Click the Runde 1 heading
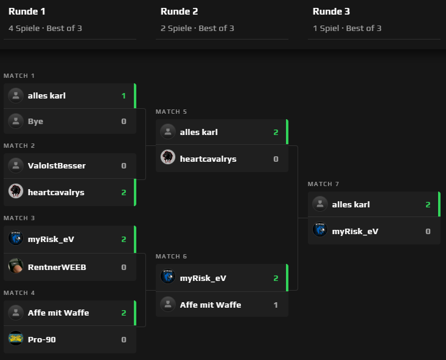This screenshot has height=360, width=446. click(27, 12)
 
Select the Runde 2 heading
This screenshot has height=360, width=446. click(179, 12)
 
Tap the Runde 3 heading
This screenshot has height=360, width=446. click(331, 12)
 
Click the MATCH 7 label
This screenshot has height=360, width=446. click(323, 184)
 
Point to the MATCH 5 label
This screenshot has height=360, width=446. click(171, 111)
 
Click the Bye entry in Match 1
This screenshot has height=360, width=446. click(35, 122)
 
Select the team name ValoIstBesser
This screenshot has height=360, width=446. click(57, 166)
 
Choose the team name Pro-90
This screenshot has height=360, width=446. click(41, 339)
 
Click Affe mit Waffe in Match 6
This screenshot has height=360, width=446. click(210, 305)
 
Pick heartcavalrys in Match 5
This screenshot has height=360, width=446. click(207, 159)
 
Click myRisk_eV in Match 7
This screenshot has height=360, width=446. click(355, 232)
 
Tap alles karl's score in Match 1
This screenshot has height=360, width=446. click(124, 96)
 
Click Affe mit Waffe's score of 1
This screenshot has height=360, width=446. click(276, 305)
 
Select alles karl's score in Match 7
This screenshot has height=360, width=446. click(428, 205)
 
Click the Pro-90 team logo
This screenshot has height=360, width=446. click(16, 338)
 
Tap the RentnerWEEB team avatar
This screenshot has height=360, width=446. click(16, 266)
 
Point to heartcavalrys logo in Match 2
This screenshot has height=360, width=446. click(16, 192)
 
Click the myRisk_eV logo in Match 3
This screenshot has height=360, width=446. click(16, 238)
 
